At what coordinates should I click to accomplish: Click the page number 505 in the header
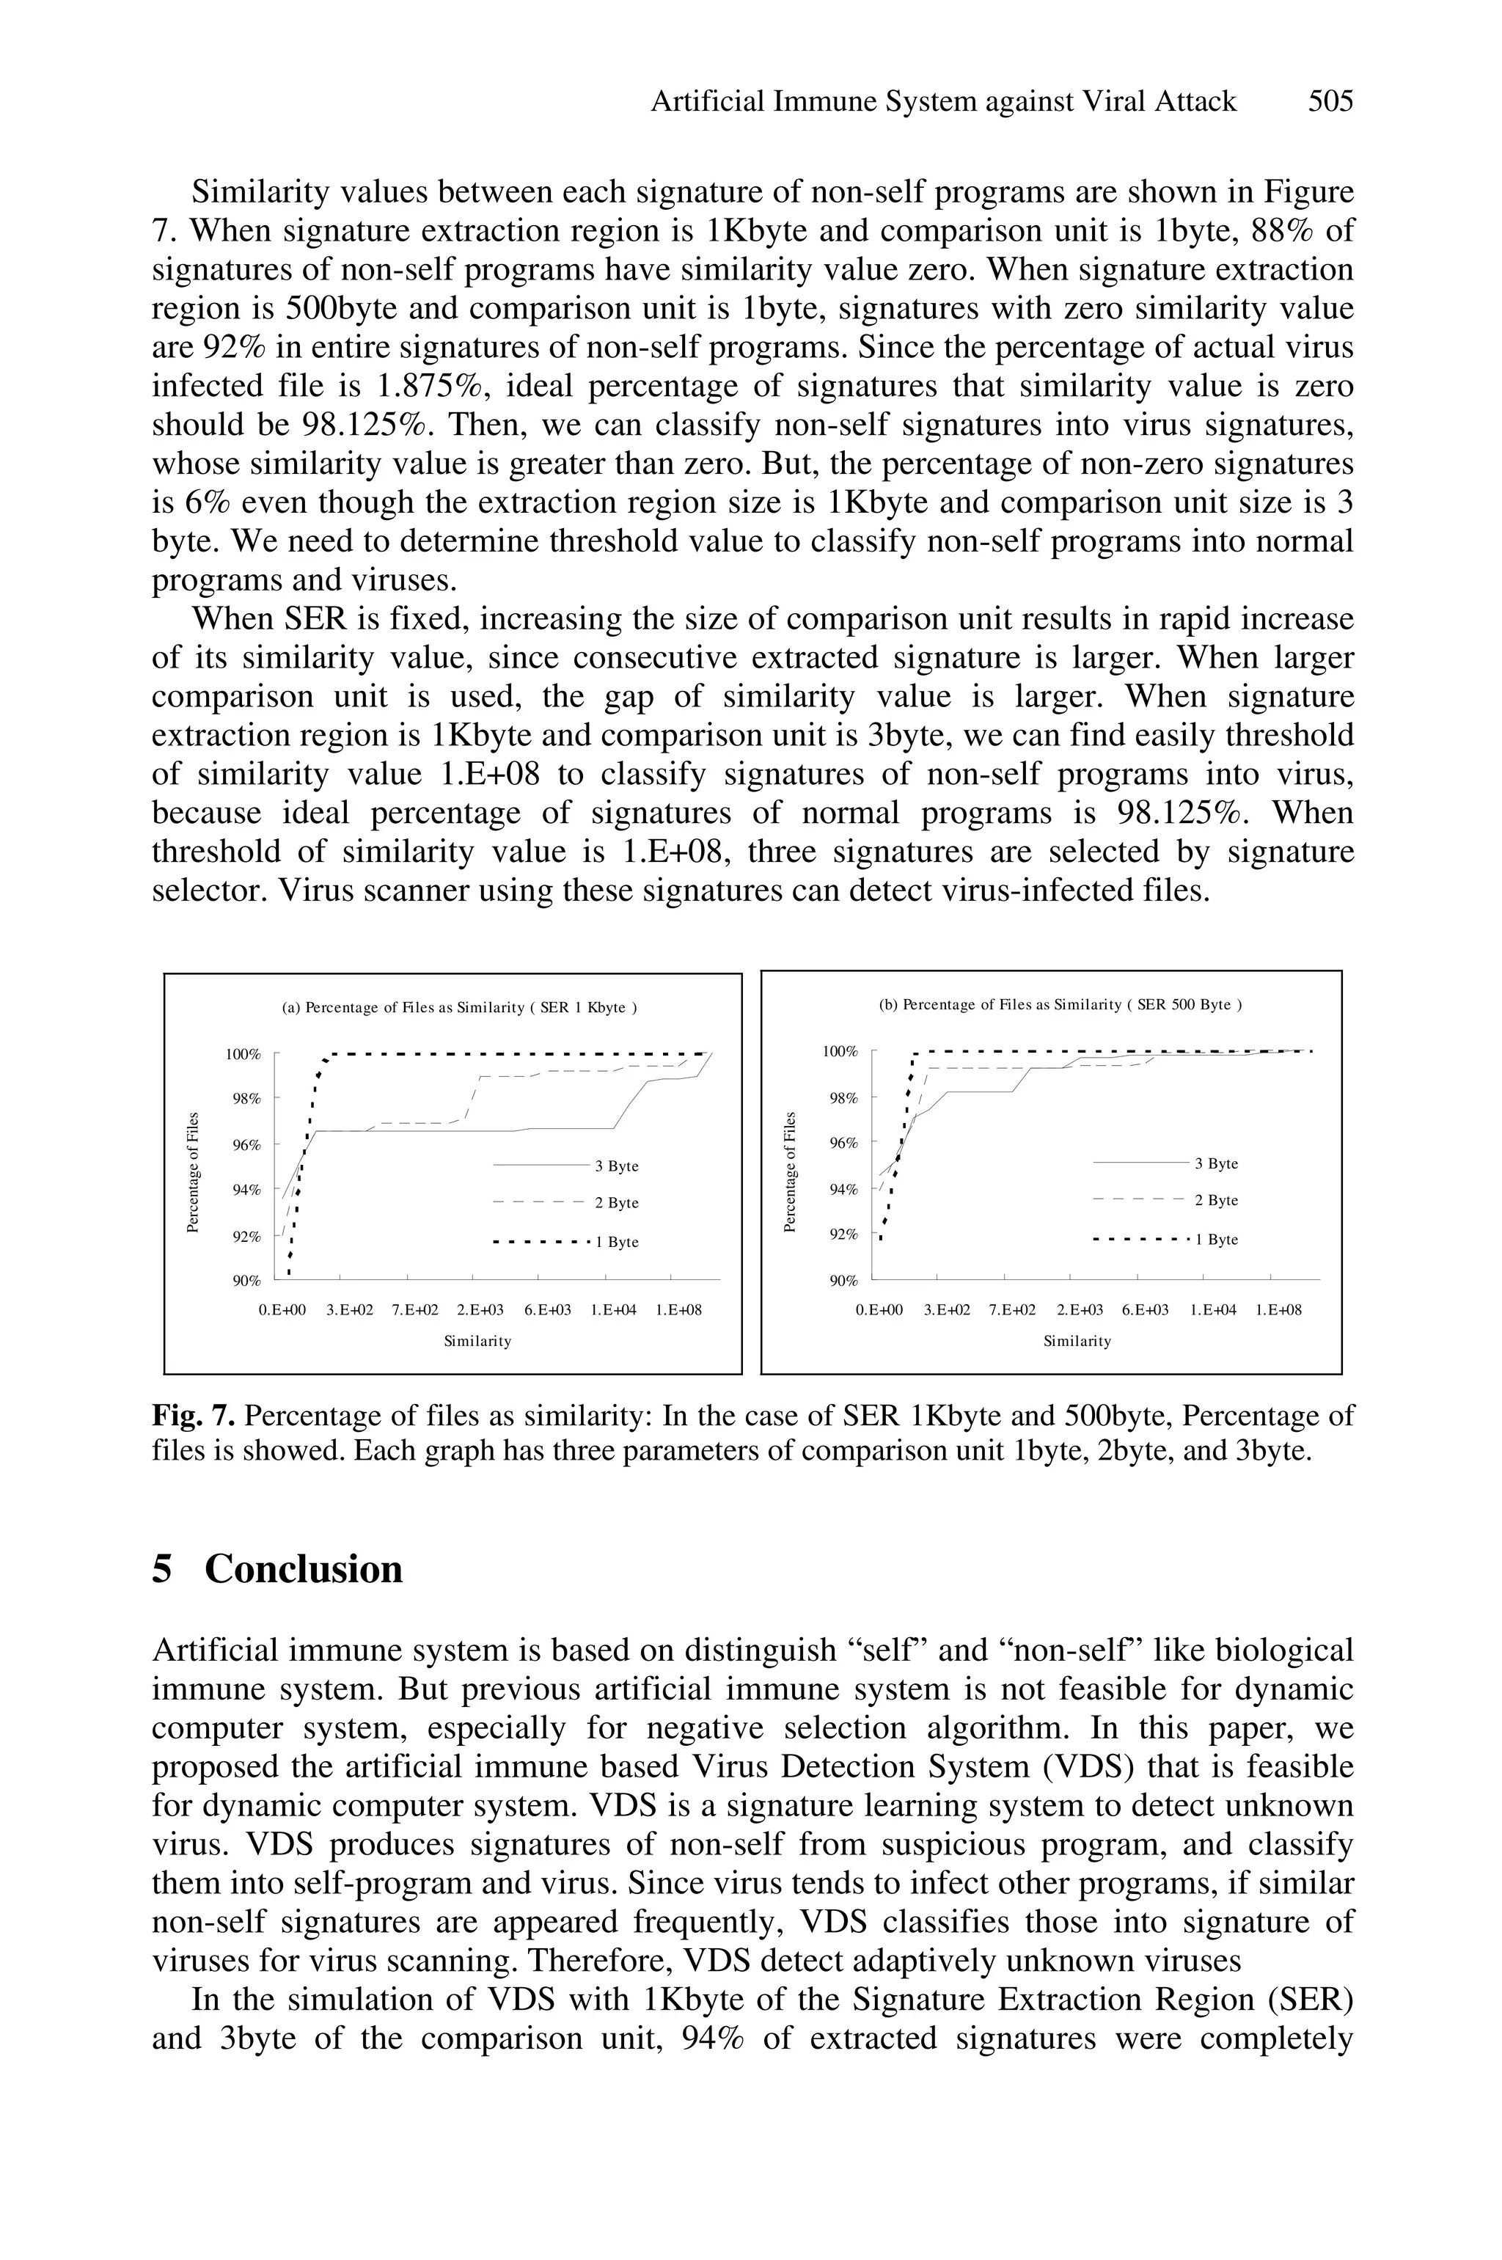(1330, 101)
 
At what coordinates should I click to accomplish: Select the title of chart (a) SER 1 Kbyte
(460, 1008)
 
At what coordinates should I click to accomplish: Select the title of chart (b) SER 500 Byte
(1060, 1005)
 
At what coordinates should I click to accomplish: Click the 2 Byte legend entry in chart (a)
(616, 1203)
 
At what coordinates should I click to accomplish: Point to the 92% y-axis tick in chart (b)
(844, 1235)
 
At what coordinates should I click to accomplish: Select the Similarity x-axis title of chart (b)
(1077, 1341)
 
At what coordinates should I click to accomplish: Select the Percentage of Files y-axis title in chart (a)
(194, 1171)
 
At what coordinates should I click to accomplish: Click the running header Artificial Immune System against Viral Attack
(944, 101)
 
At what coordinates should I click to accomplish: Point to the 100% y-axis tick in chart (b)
(841, 1052)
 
